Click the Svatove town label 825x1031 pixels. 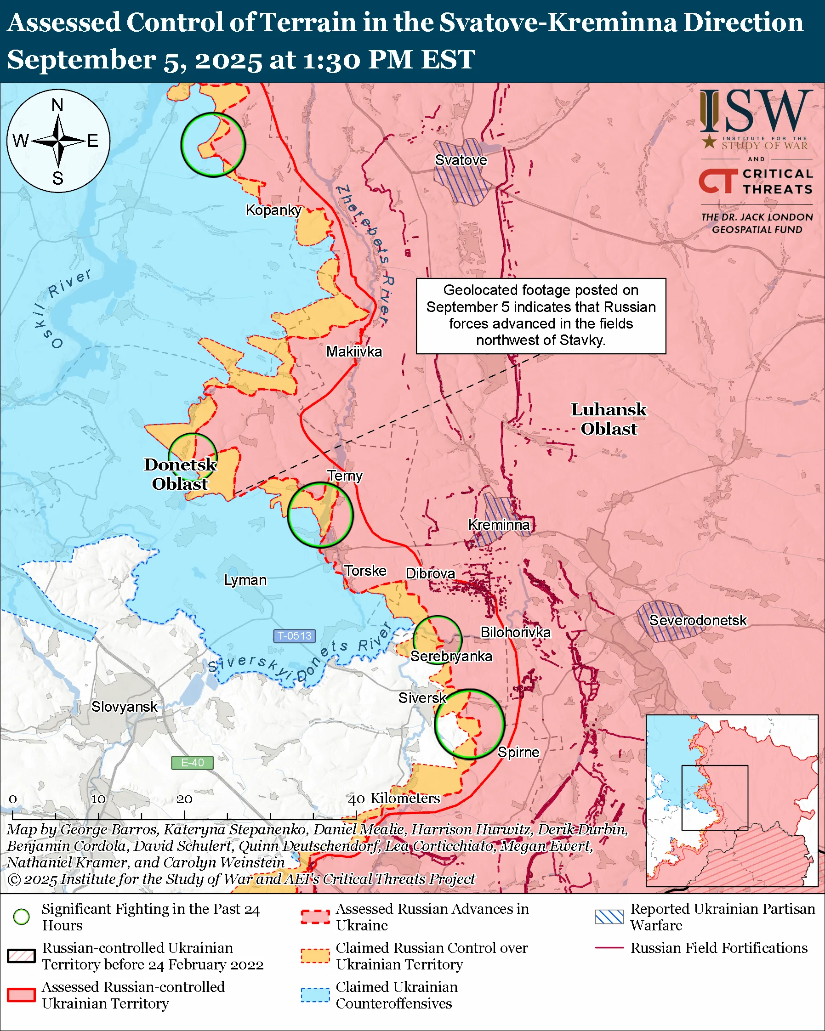[x=461, y=160]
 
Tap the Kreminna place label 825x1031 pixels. [x=499, y=525]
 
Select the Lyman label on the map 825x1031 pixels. [x=245, y=580]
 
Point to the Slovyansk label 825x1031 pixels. [x=125, y=707]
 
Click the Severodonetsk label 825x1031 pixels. [x=697, y=620]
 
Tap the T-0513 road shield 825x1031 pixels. [x=295, y=635]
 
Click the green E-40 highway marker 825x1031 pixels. [x=192, y=763]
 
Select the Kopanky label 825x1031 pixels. [x=273, y=210]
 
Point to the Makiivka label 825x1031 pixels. [x=354, y=351]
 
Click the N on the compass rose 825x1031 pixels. [x=57, y=105]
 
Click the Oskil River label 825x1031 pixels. [x=62, y=306]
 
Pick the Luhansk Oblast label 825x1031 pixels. [x=609, y=419]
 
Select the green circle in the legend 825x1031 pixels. [x=22, y=917]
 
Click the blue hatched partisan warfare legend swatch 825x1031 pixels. [x=609, y=917]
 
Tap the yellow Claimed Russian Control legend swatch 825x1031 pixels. [x=315, y=956]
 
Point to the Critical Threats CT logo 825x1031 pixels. [x=717, y=181]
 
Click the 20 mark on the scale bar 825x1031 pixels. [x=184, y=799]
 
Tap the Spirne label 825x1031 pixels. [x=518, y=752]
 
